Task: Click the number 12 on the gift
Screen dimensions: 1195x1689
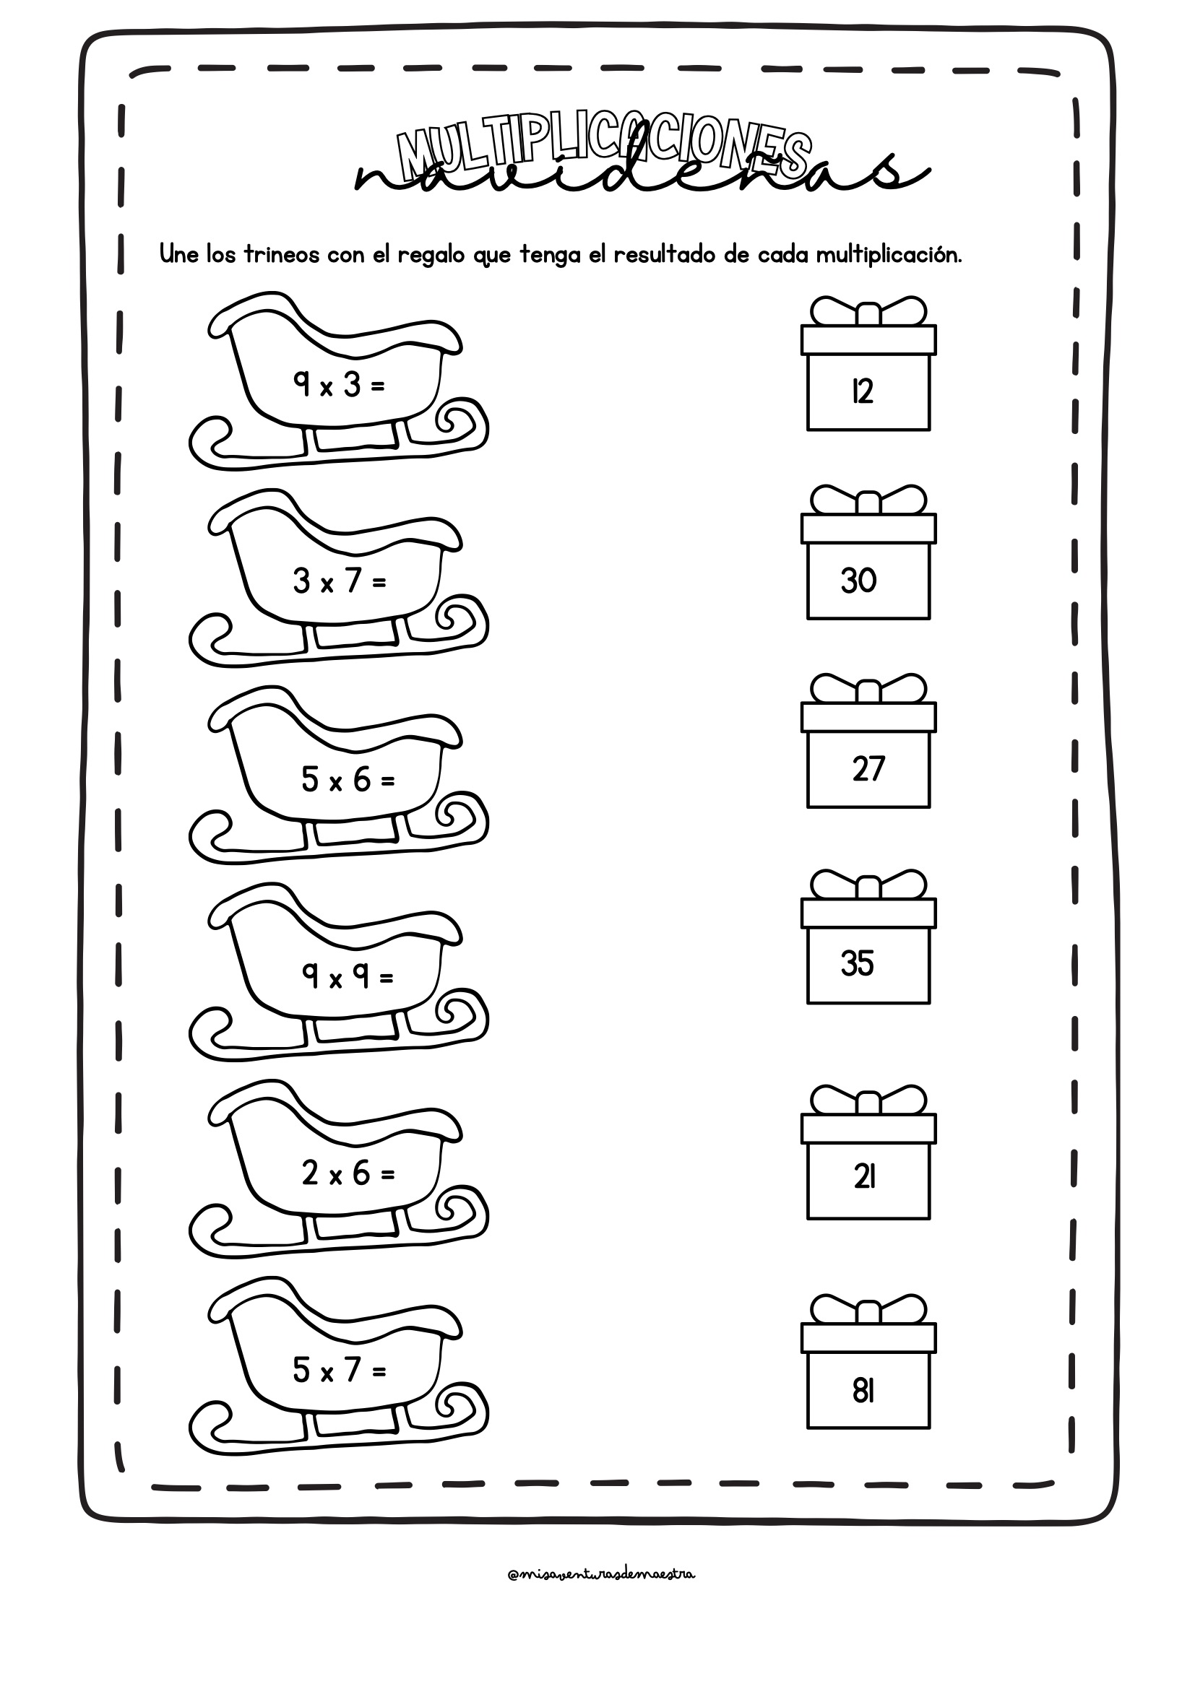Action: pyautogui.click(x=863, y=391)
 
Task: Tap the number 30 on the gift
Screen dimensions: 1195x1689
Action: pyautogui.click(x=859, y=581)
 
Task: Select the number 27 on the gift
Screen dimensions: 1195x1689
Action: pyautogui.click(x=868, y=769)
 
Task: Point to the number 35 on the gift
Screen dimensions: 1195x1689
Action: pyautogui.click(x=858, y=964)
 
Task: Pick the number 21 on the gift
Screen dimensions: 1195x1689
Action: pyautogui.click(x=865, y=1178)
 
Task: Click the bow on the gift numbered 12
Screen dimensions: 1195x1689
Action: pyautogui.click(x=868, y=311)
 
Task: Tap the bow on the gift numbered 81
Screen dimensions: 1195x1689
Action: pyautogui.click(x=868, y=1310)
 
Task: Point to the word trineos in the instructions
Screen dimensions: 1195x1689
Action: pyautogui.click(x=282, y=254)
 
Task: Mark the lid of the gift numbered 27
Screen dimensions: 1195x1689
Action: pyautogui.click(x=868, y=717)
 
